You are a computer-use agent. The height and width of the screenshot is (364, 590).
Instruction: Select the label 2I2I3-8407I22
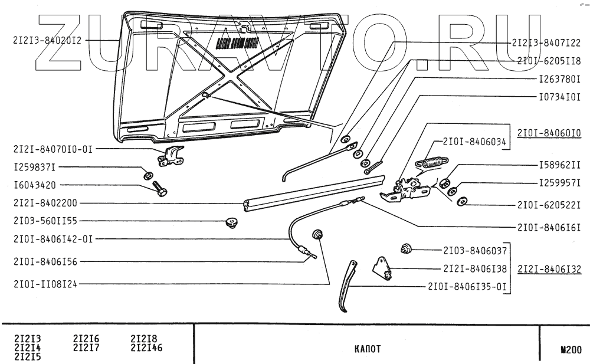pyautogui.click(x=546, y=42)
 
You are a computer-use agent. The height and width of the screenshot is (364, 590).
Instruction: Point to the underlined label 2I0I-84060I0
pyautogui.click(x=549, y=133)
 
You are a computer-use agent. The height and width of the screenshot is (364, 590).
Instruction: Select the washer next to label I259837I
pyautogui.click(x=148, y=175)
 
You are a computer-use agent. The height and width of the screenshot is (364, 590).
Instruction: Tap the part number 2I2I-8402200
pyautogui.click(x=42, y=203)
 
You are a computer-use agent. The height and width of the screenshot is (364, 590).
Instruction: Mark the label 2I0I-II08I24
pyautogui.click(x=45, y=283)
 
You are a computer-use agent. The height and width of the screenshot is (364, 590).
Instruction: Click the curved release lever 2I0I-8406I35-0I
pyautogui.click(x=346, y=287)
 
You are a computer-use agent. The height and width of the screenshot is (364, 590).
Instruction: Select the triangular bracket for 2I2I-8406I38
pyautogui.click(x=382, y=267)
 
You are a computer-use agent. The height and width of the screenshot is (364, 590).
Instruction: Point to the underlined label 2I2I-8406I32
pyautogui.click(x=549, y=269)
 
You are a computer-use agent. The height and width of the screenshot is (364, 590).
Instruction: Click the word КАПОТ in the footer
pyautogui.click(x=367, y=349)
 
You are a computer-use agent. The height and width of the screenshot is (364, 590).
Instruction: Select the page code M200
pyautogui.click(x=571, y=349)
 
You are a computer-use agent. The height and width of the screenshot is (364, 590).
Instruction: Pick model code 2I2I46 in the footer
pyautogui.click(x=146, y=347)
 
